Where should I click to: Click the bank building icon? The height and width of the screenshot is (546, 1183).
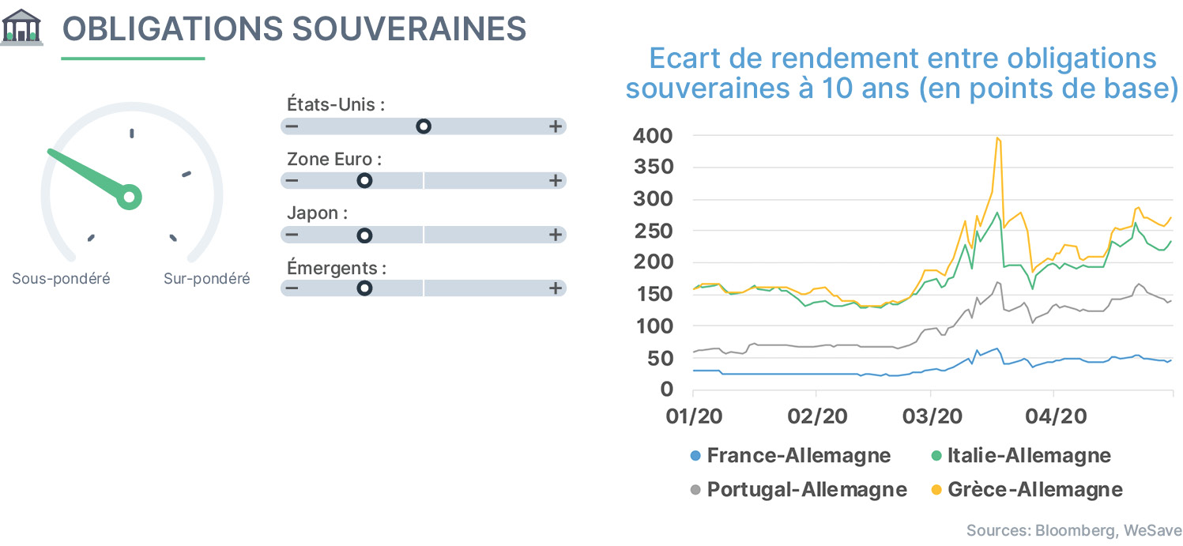click(x=21, y=28)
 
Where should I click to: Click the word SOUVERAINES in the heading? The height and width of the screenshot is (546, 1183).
click(x=409, y=28)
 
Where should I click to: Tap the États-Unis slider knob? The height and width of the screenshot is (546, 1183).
click(x=423, y=126)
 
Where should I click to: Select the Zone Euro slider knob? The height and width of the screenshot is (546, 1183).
click(x=364, y=181)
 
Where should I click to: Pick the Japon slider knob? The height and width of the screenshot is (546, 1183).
click(x=364, y=235)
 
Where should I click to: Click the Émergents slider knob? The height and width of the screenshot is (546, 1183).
click(x=364, y=288)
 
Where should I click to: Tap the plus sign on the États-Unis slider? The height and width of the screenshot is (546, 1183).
click(x=555, y=126)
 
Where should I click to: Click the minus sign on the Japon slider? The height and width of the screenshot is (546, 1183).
click(x=292, y=235)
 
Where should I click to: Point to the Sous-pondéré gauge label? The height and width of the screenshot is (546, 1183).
click(x=62, y=278)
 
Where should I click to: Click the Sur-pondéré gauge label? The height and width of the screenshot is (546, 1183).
click(x=206, y=278)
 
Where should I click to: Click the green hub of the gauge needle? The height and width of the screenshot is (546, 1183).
click(x=130, y=197)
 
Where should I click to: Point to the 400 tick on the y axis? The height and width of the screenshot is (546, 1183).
click(x=653, y=136)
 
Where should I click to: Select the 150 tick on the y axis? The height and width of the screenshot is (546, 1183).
click(x=654, y=294)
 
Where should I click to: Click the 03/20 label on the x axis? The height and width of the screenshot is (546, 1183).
click(x=932, y=416)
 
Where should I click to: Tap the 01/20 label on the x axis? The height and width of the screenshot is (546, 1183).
click(x=694, y=416)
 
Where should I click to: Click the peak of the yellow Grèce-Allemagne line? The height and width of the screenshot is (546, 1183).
click(x=997, y=138)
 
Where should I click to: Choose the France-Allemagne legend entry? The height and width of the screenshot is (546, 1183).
click(x=790, y=455)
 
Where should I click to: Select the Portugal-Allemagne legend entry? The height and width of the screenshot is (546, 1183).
click(x=798, y=489)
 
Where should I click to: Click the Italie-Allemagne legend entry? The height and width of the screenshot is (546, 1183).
click(x=1021, y=455)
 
